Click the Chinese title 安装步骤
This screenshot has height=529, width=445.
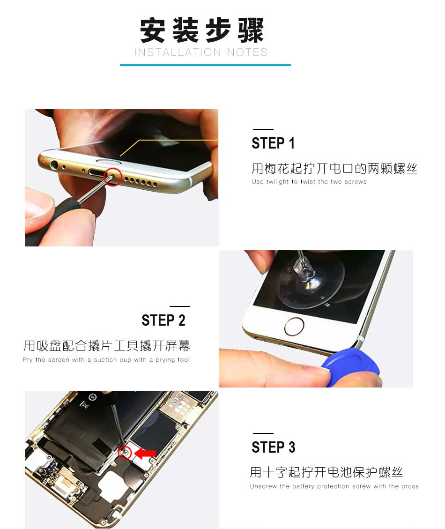(202, 30)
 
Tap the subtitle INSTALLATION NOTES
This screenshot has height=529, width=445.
(201, 52)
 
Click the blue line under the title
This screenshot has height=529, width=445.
(205, 65)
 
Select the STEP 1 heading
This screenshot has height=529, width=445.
(273, 143)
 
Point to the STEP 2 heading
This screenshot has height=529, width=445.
(163, 320)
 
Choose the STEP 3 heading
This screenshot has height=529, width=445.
(273, 447)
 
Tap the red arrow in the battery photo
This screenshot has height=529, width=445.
(145, 454)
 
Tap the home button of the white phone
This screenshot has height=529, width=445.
(294, 327)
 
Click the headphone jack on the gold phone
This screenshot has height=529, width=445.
(54, 165)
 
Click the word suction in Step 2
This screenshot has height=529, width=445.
(105, 360)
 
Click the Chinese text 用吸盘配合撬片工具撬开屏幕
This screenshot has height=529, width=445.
(107, 346)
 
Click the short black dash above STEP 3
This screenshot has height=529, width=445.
(263, 433)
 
